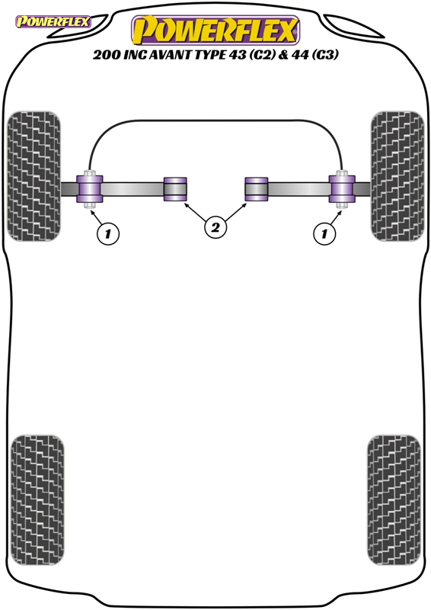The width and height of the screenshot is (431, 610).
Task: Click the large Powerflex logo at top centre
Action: pos(215,30)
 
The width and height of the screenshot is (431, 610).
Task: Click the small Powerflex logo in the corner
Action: pos(53,21)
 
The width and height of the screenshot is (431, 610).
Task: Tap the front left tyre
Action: pos(34,176)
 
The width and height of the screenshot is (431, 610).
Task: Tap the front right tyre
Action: pos(397,176)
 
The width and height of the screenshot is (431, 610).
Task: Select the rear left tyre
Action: pos(37,500)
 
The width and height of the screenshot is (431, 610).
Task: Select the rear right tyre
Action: pos(394,500)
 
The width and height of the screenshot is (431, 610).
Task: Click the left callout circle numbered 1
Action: pos(107,233)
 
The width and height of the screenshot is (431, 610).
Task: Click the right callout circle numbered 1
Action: pos(324,233)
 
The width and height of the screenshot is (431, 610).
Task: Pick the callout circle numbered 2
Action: pos(215,227)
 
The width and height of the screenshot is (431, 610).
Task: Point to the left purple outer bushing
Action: pos(89,189)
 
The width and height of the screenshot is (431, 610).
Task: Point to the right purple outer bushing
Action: pos(342,189)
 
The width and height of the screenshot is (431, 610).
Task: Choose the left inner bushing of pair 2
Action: pos(175,189)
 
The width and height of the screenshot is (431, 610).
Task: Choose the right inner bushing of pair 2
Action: pos(256,189)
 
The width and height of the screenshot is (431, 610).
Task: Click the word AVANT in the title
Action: pos(168,55)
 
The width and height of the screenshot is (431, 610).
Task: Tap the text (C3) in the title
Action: pos(324,55)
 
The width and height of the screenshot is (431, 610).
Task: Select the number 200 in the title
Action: pos(106,55)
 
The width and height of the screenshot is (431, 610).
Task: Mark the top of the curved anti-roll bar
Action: pos(215,120)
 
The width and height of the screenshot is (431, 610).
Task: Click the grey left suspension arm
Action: pos(132,189)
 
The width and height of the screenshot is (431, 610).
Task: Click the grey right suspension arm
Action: pos(299,189)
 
